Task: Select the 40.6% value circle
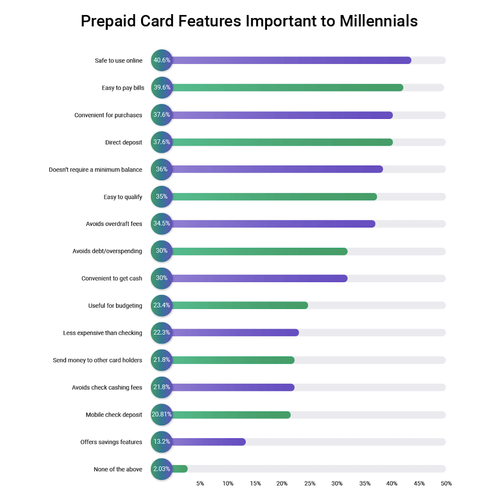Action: coord(162,60)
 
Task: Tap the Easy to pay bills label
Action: coord(123,88)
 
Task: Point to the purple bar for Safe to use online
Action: coord(291,60)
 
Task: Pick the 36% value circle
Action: coord(162,170)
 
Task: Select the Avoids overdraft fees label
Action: coord(114,224)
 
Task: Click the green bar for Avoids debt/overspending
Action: coord(259,251)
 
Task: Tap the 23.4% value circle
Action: coord(162,306)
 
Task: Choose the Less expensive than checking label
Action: coord(103,333)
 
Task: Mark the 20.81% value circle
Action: coord(162,415)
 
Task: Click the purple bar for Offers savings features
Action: coord(208,442)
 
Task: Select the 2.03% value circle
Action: coord(162,469)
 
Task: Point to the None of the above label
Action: coord(118,469)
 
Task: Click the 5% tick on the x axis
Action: coord(200,484)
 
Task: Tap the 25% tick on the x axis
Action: coord(310,484)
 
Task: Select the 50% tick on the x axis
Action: coord(446,484)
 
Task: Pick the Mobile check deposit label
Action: coord(114,415)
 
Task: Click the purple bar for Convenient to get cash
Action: coord(259,279)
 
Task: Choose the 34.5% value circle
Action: coord(162,224)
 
